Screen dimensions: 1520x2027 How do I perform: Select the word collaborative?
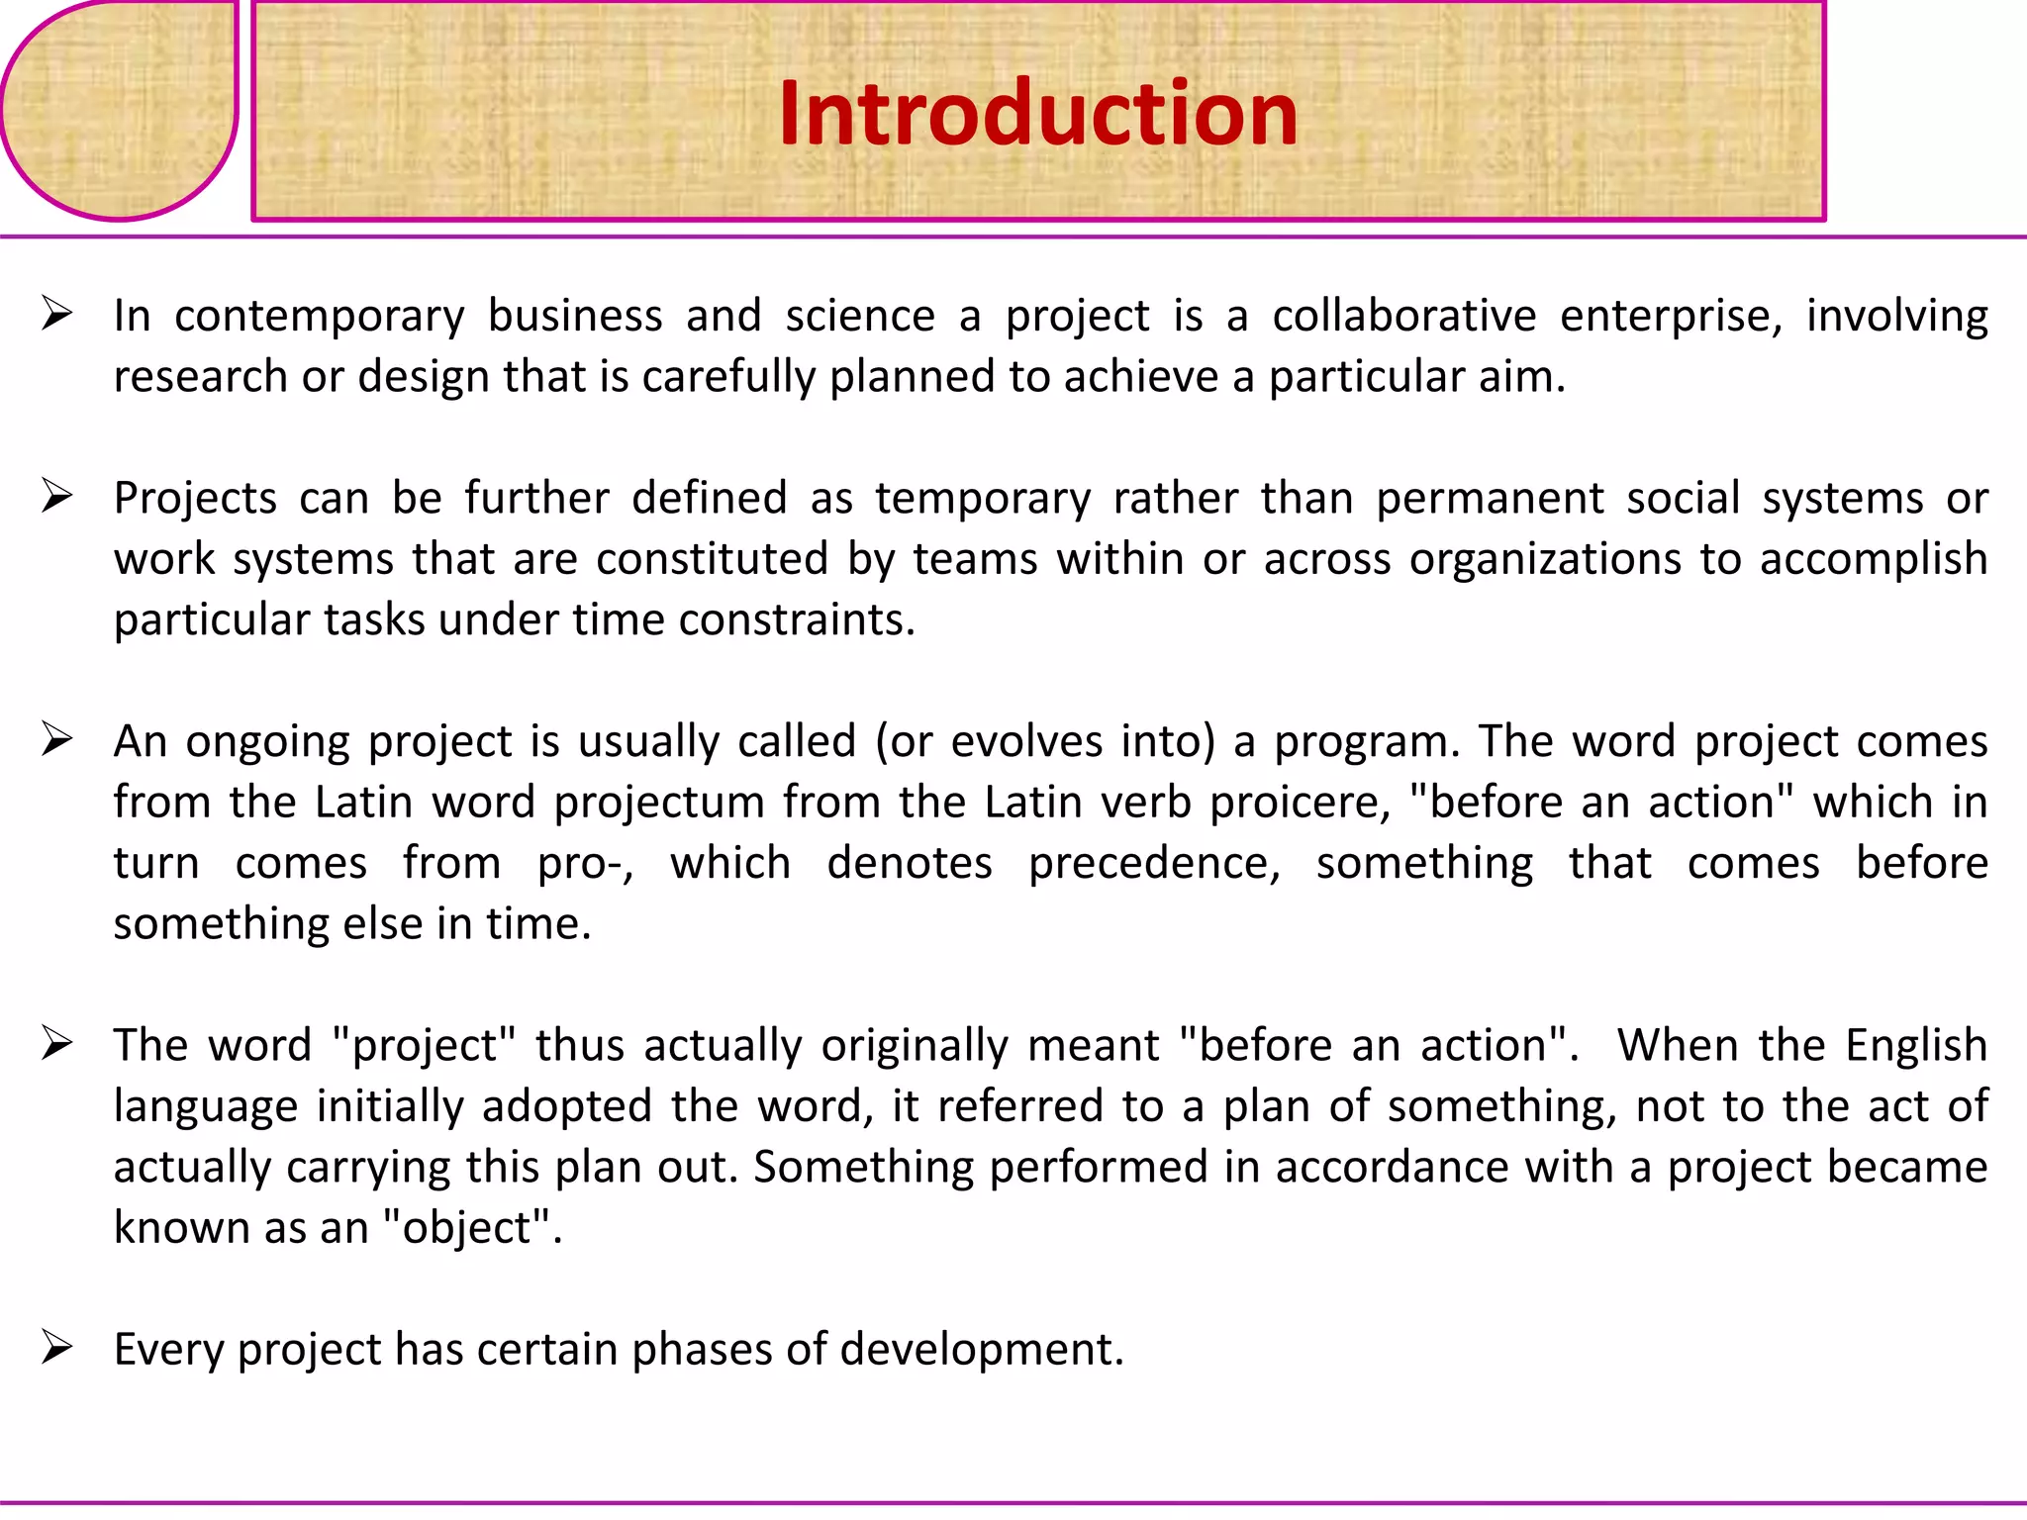click(x=1403, y=316)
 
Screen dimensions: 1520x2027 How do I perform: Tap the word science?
click(x=860, y=316)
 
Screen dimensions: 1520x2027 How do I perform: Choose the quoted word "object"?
click(x=471, y=1228)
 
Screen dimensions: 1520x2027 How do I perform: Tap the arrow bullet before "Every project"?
click(x=57, y=1348)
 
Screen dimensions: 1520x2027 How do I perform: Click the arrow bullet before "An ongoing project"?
click(x=57, y=740)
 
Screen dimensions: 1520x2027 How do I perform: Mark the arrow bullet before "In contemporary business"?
click(x=57, y=315)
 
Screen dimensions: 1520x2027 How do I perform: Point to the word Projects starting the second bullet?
click(x=195, y=499)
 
